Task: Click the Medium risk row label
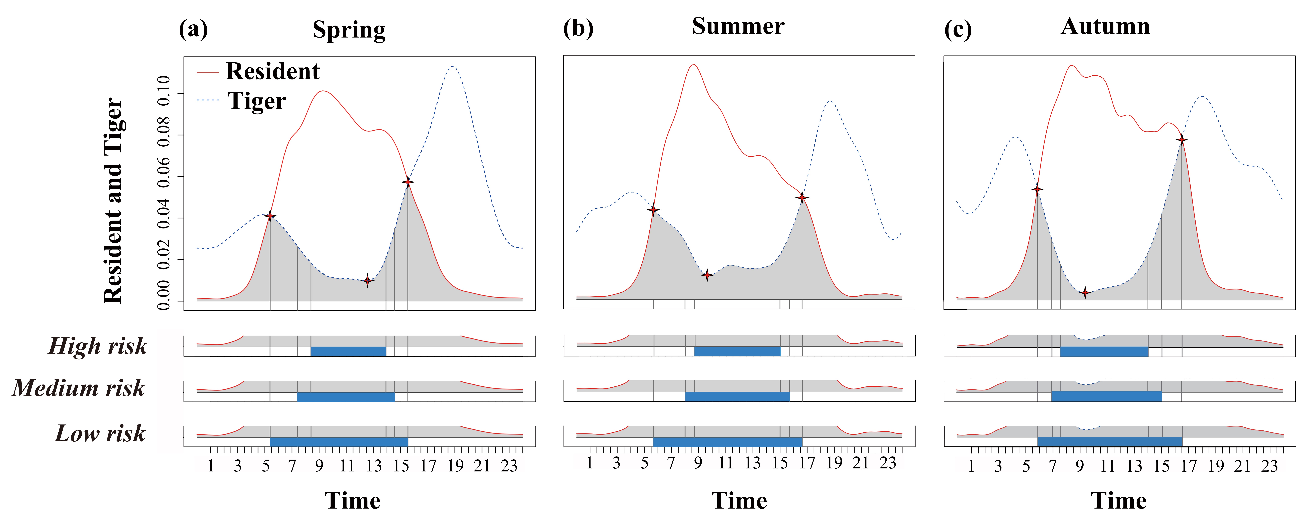[x=79, y=388]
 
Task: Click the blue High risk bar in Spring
[x=348, y=351]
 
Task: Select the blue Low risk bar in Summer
[x=728, y=442]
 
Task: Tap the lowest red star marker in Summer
[x=707, y=275]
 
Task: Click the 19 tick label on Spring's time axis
[x=455, y=466]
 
